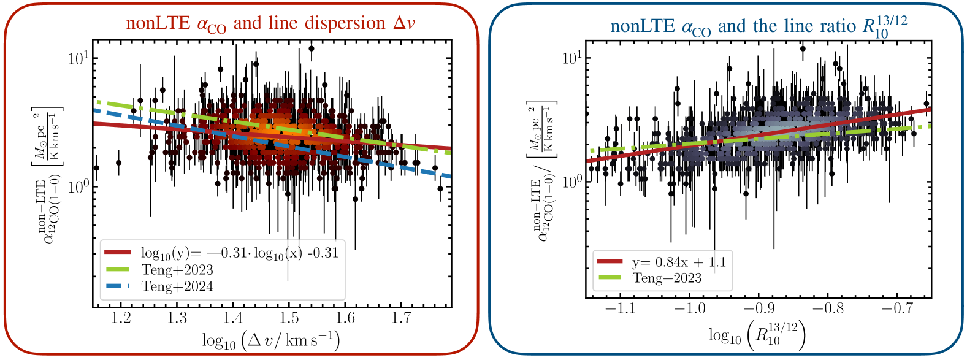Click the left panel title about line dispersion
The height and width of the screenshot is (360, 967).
pos(270,24)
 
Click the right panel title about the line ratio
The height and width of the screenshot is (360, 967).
pos(759,26)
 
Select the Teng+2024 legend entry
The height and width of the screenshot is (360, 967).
pos(177,286)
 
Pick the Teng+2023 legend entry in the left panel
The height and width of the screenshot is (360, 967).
pos(177,270)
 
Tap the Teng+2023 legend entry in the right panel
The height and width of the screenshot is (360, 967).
pos(667,278)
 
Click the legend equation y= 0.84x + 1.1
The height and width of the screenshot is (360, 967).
pos(679,262)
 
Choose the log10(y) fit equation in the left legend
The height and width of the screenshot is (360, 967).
pos(239,253)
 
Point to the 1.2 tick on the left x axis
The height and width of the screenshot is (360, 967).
pos(121,318)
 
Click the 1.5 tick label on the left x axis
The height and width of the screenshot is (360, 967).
pos(289,318)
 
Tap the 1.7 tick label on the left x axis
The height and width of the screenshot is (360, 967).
pos(401,318)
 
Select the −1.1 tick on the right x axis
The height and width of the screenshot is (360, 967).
pos(621,308)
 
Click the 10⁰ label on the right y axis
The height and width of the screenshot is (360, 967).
pos(571,182)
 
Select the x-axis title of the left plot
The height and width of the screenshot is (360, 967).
pos(270,340)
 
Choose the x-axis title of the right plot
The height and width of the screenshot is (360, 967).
pos(757,335)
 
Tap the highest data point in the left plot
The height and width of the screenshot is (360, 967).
pos(312,48)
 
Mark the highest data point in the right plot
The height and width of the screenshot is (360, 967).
pos(803,49)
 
